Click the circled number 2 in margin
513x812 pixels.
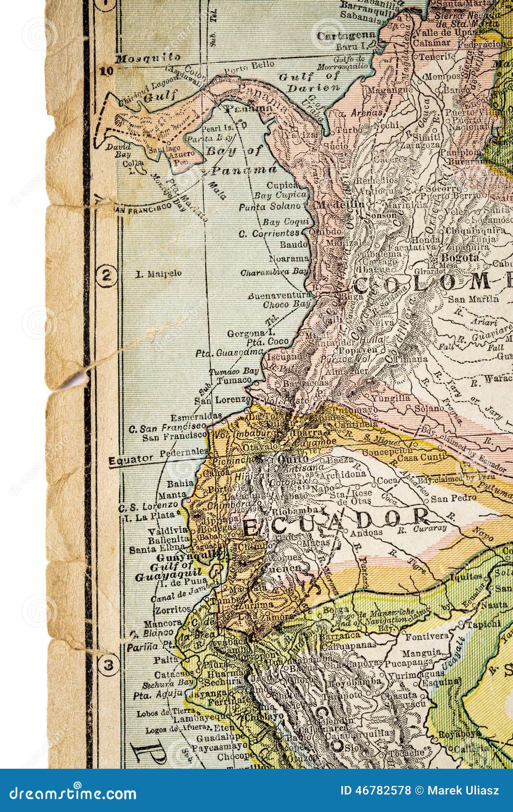coord(106,276)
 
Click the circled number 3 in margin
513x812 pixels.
coord(107,665)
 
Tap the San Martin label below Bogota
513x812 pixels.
coord(473,299)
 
